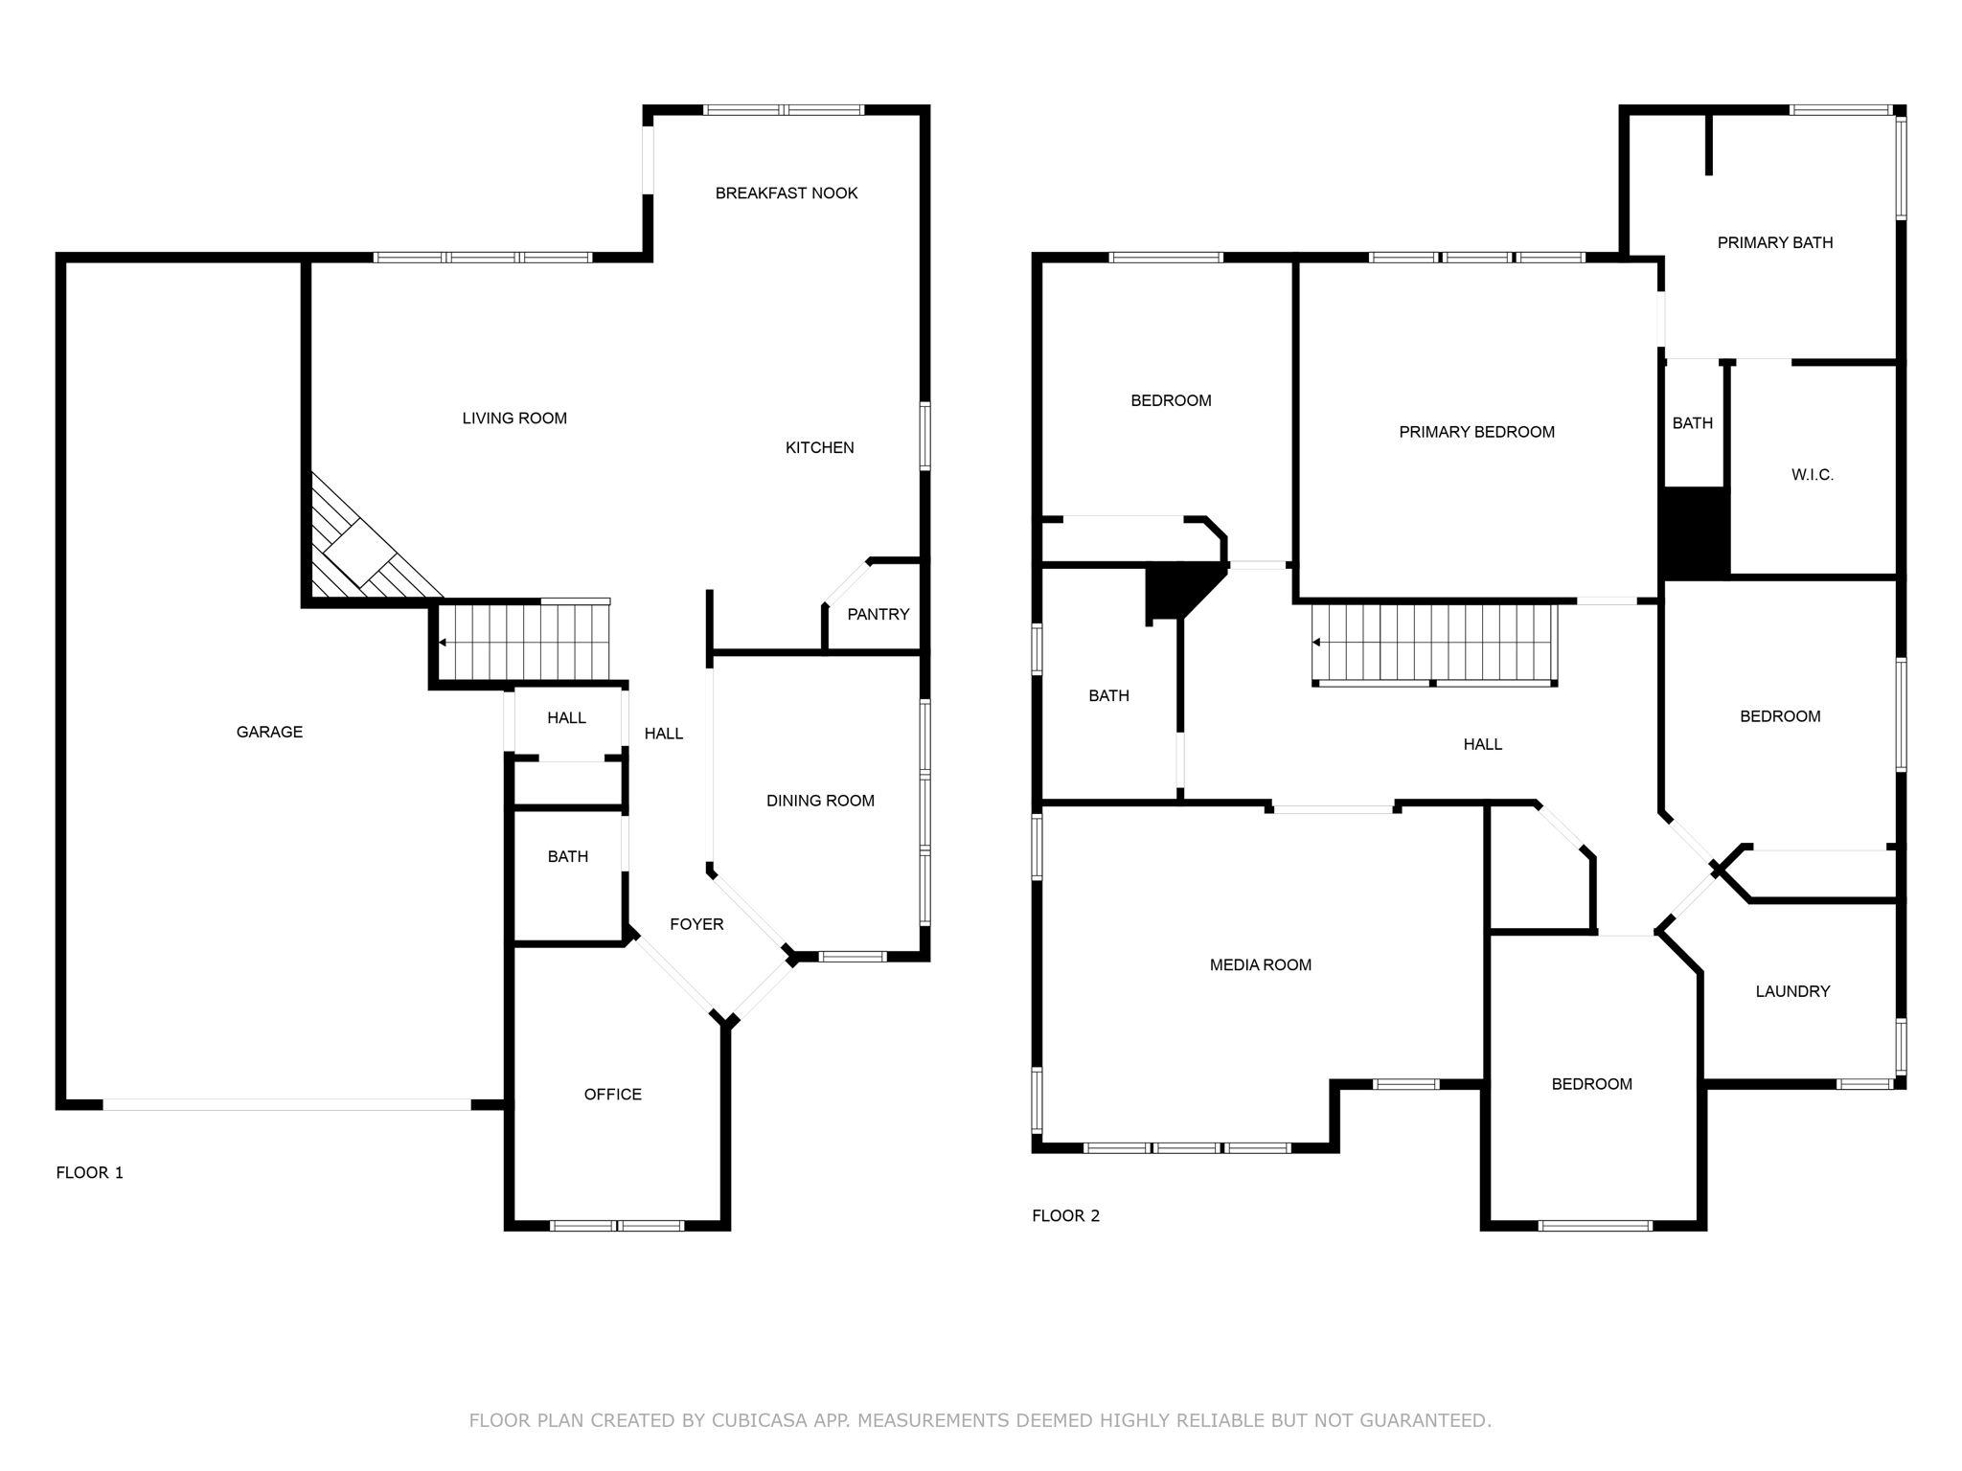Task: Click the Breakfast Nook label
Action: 786,193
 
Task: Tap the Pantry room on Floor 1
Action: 878,615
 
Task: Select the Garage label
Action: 269,732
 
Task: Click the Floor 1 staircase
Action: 525,641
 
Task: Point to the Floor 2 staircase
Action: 1433,643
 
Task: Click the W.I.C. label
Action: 1812,475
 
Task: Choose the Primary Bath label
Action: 1774,243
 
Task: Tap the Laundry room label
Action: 1791,992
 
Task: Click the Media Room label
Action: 1260,965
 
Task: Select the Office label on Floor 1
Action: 612,1095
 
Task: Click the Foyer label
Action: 696,924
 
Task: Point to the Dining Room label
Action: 820,801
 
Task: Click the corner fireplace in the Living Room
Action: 359,554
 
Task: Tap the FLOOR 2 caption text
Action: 1065,1216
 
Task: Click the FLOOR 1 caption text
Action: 89,1173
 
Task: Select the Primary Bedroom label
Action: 1476,432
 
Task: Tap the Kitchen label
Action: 819,447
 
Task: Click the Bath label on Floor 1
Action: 567,857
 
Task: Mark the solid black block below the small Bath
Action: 1694,532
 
